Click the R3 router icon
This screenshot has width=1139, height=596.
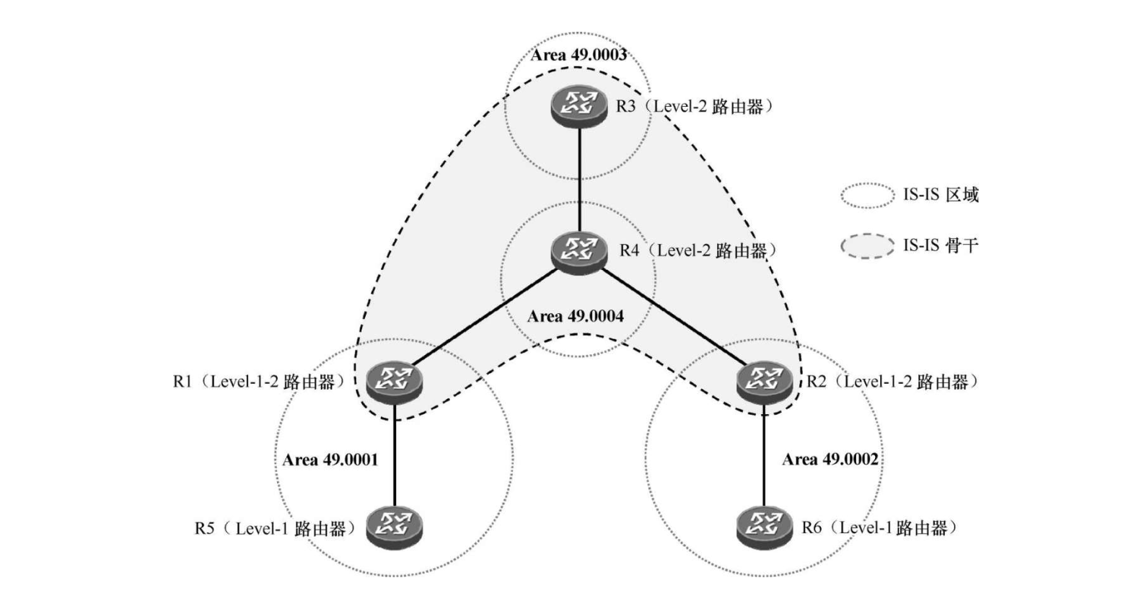tap(579, 106)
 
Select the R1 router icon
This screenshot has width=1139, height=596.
tap(394, 381)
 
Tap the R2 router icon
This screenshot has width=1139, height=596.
tap(764, 381)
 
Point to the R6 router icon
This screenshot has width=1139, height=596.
tap(764, 526)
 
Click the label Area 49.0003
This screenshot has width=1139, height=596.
tap(579, 55)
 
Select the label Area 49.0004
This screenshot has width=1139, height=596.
tap(575, 316)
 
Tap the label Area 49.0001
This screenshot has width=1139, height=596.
tap(330, 460)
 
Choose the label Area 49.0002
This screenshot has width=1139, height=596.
tap(830, 459)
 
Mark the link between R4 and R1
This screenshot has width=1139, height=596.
tap(487, 316)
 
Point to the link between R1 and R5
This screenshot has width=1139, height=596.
tap(395, 455)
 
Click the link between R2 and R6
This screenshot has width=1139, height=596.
tap(765, 455)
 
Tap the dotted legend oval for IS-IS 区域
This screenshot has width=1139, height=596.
tap(867, 195)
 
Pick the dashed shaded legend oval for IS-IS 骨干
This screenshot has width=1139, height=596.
tap(867, 246)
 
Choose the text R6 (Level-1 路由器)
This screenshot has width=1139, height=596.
tap(879, 527)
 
